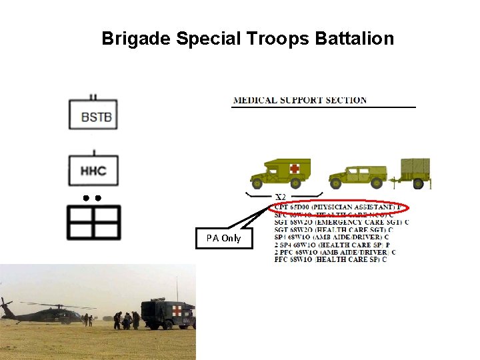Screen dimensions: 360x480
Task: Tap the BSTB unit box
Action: click(93, 114)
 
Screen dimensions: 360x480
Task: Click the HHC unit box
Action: click(93, 170)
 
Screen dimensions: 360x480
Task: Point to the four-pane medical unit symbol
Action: click(93, 222)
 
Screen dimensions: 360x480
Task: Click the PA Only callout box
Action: click(224, 238)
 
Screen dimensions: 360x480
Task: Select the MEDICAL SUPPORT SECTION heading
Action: click(299, 101)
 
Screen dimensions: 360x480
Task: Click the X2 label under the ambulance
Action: click(281, 197)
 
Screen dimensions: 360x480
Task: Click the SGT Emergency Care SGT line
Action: click(341, 222)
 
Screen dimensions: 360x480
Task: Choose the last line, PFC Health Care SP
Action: click(331, 259)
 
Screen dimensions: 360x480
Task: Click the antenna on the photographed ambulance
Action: click(177, 288)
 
